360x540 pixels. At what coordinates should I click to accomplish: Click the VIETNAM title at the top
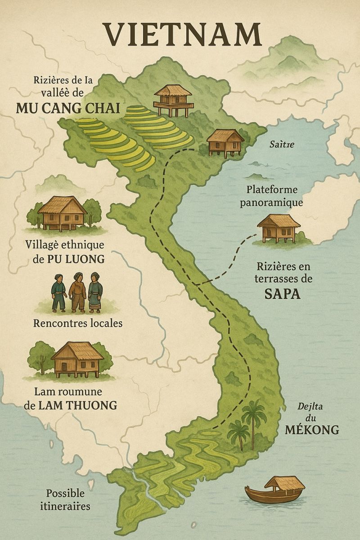182,34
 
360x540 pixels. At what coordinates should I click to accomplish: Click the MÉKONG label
312,430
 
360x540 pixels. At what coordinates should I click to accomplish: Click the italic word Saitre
282,144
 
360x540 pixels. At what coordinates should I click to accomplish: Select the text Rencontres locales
77,323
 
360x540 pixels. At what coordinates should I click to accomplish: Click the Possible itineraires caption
68,499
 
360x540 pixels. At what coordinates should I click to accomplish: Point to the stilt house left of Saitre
225,142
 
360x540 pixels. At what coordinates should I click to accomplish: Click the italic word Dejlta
311,406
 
